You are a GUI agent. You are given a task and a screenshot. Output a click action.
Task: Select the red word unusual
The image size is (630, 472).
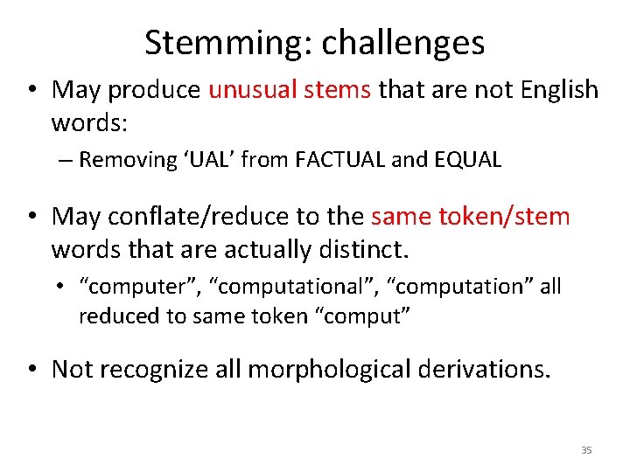pyautogui.click(x=247, y=90)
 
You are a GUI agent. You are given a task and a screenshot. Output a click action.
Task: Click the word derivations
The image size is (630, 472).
pyautogui.click(x=486, y=370)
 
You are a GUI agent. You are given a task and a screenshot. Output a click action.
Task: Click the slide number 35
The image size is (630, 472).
pyautogui.click(x=586, y=450)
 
